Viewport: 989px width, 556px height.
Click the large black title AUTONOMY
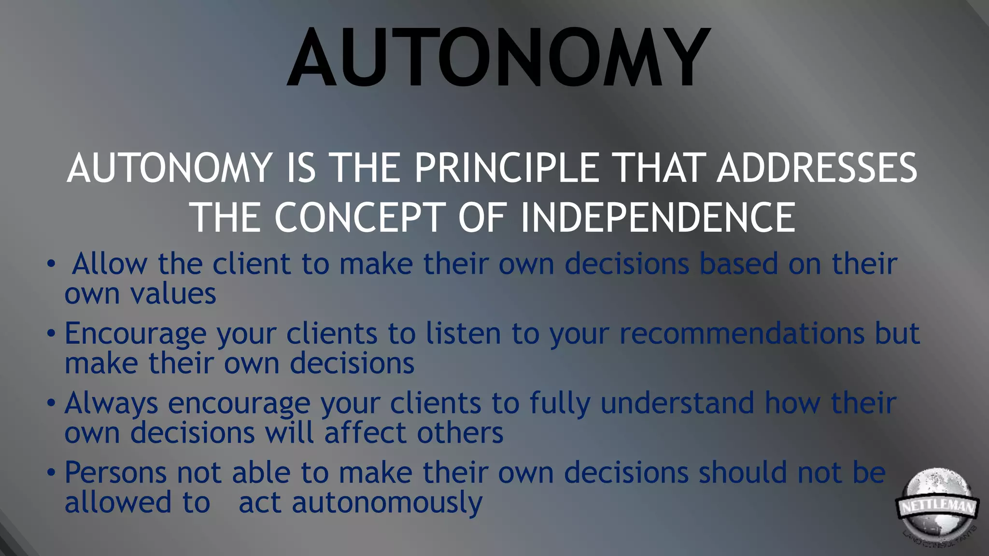(498, 58)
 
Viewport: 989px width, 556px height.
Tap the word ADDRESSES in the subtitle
(816, 168)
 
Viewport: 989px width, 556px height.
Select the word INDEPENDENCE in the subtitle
(658, 217)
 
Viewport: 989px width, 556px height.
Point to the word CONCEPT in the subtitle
(360, 217)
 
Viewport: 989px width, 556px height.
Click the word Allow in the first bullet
(110, 264)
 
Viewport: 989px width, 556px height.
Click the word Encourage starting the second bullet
(135, 334)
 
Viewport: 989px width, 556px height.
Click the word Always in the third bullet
(111, 403)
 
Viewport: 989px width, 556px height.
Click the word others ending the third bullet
(460, 432)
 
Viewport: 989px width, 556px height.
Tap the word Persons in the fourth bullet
(115, 473)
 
